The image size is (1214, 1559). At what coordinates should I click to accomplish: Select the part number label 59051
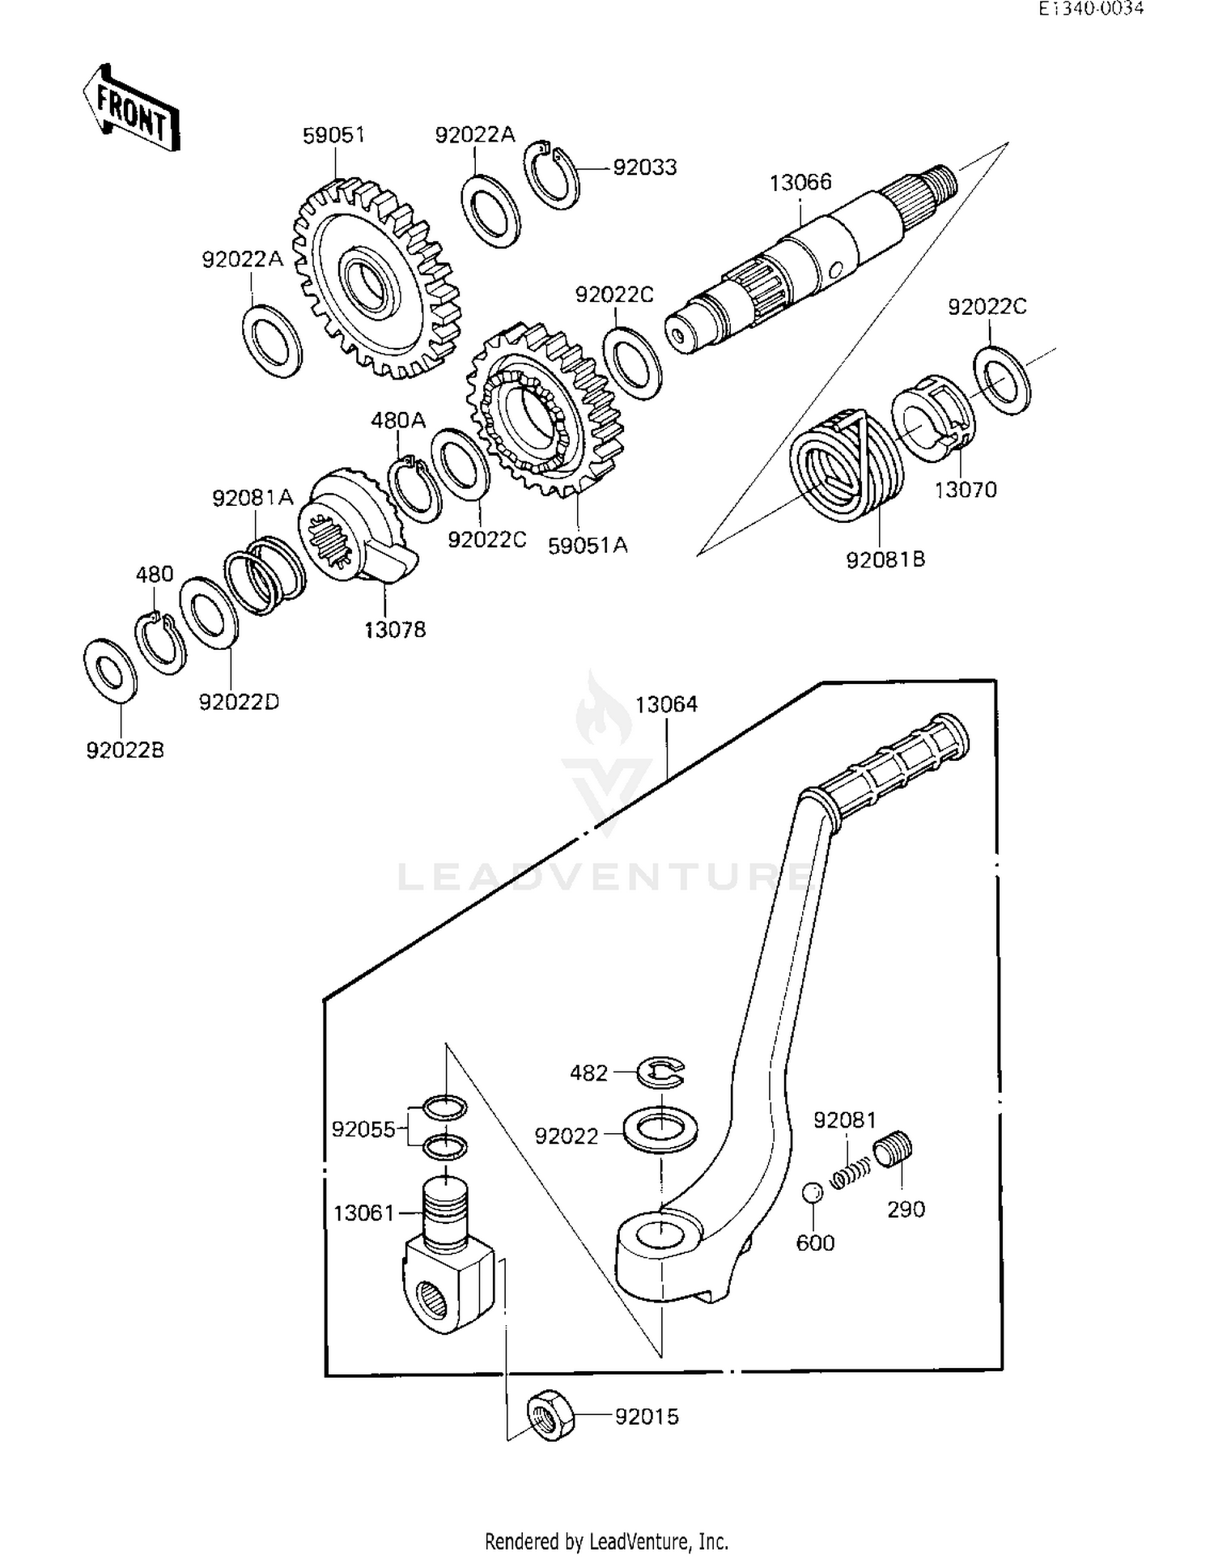click(333, 135)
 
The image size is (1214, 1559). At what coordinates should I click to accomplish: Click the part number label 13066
click(800, 182)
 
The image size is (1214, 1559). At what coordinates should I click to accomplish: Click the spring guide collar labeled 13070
click(932, 413)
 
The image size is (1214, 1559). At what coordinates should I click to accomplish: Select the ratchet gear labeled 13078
click(356, 526)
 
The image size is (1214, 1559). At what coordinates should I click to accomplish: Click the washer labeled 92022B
click(111, 671)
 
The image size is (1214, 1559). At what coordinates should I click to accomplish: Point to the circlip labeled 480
click(159, 644)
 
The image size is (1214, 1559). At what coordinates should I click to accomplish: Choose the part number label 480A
click(397, 421)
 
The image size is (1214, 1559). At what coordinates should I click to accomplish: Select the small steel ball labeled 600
click(813, 1192)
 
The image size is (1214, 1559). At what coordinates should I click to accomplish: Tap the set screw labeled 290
click(893, 1150)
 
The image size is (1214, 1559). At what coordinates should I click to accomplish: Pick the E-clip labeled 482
click(660, 1073)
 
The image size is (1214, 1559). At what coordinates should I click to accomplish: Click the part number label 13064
click(665, 704)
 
